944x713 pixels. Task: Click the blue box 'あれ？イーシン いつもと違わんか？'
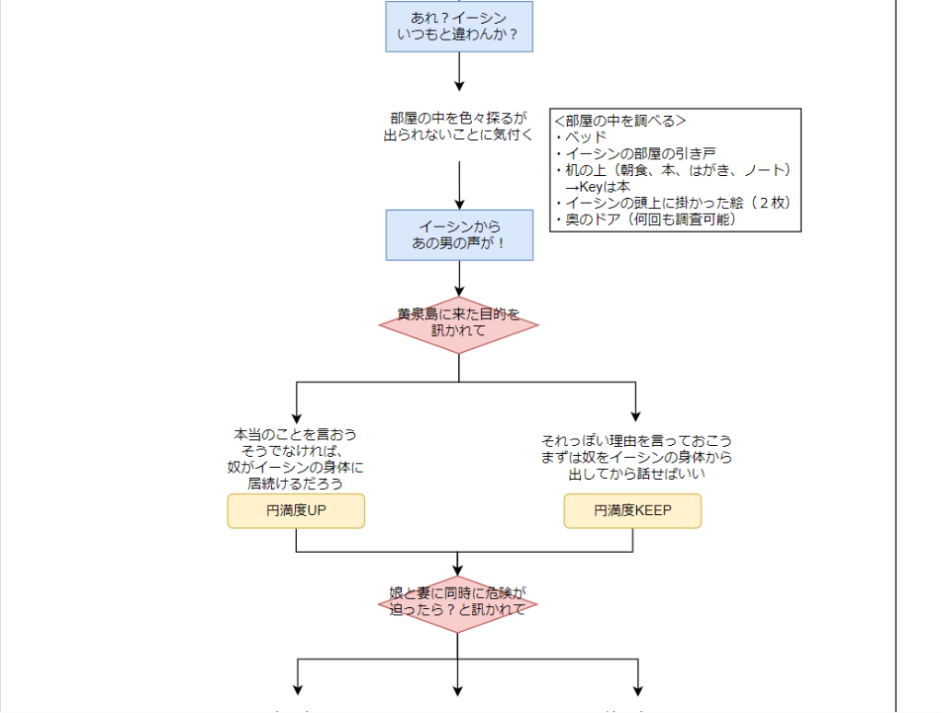[458, 26]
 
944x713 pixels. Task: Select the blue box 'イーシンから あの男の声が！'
[458, 235]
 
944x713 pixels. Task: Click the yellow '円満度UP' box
[296, 510]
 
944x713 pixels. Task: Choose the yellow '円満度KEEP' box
[632, 510]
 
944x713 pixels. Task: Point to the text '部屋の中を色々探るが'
[458, 118]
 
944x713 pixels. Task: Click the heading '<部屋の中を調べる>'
[619, 121]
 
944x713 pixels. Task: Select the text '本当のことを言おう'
[295, 434]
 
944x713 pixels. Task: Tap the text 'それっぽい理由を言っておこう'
[636, 440]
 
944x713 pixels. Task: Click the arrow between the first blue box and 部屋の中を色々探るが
[459, 74]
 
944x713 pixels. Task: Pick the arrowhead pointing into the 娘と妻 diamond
[458, 570]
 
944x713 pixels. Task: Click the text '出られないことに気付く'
[458, 134]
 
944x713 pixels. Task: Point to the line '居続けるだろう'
[295, 484]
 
